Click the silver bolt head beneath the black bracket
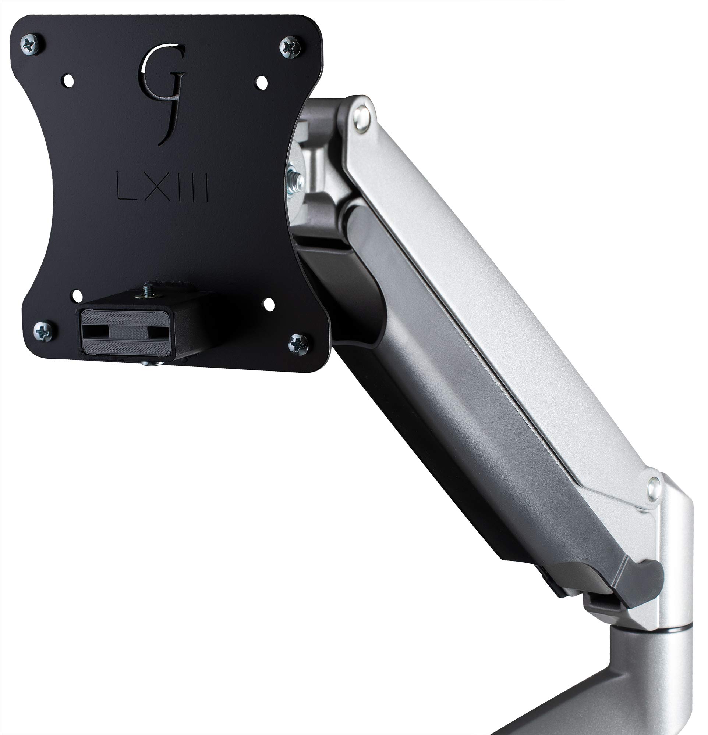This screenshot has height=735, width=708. tap(153, 363)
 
